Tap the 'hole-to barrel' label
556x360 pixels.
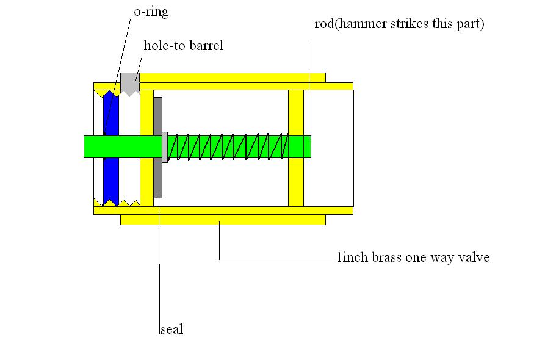183,46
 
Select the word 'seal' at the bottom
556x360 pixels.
171,329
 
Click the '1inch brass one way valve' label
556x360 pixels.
413,257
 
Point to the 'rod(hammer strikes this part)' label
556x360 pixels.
399,25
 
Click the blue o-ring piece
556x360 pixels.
110,177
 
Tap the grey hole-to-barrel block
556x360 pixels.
129,83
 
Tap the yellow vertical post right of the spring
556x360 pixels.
296,183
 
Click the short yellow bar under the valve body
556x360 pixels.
223,220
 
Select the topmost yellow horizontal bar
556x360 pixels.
232,77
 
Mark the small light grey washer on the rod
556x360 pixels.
165,146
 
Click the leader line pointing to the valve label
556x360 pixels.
275,259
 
